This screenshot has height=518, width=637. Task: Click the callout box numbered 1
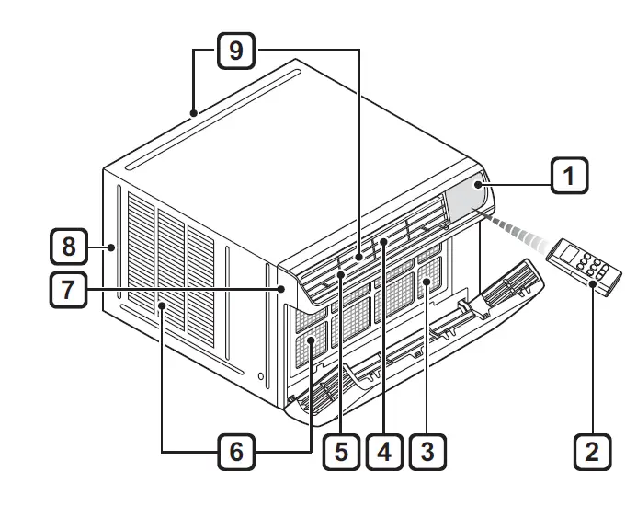coord(569,174)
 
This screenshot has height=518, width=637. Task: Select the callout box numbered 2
coord(592,452)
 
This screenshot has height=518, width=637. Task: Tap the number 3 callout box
coord(426,452)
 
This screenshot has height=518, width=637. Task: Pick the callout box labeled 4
coord(383,452)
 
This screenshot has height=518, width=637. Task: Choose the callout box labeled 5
coord(341,452)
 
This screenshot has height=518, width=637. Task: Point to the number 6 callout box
coord(236,452)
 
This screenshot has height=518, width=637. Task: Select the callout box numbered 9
coord(236,51)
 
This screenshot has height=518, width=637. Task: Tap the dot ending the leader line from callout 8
coord(110,247)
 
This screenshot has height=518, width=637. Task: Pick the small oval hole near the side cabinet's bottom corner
coord(261,377)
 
